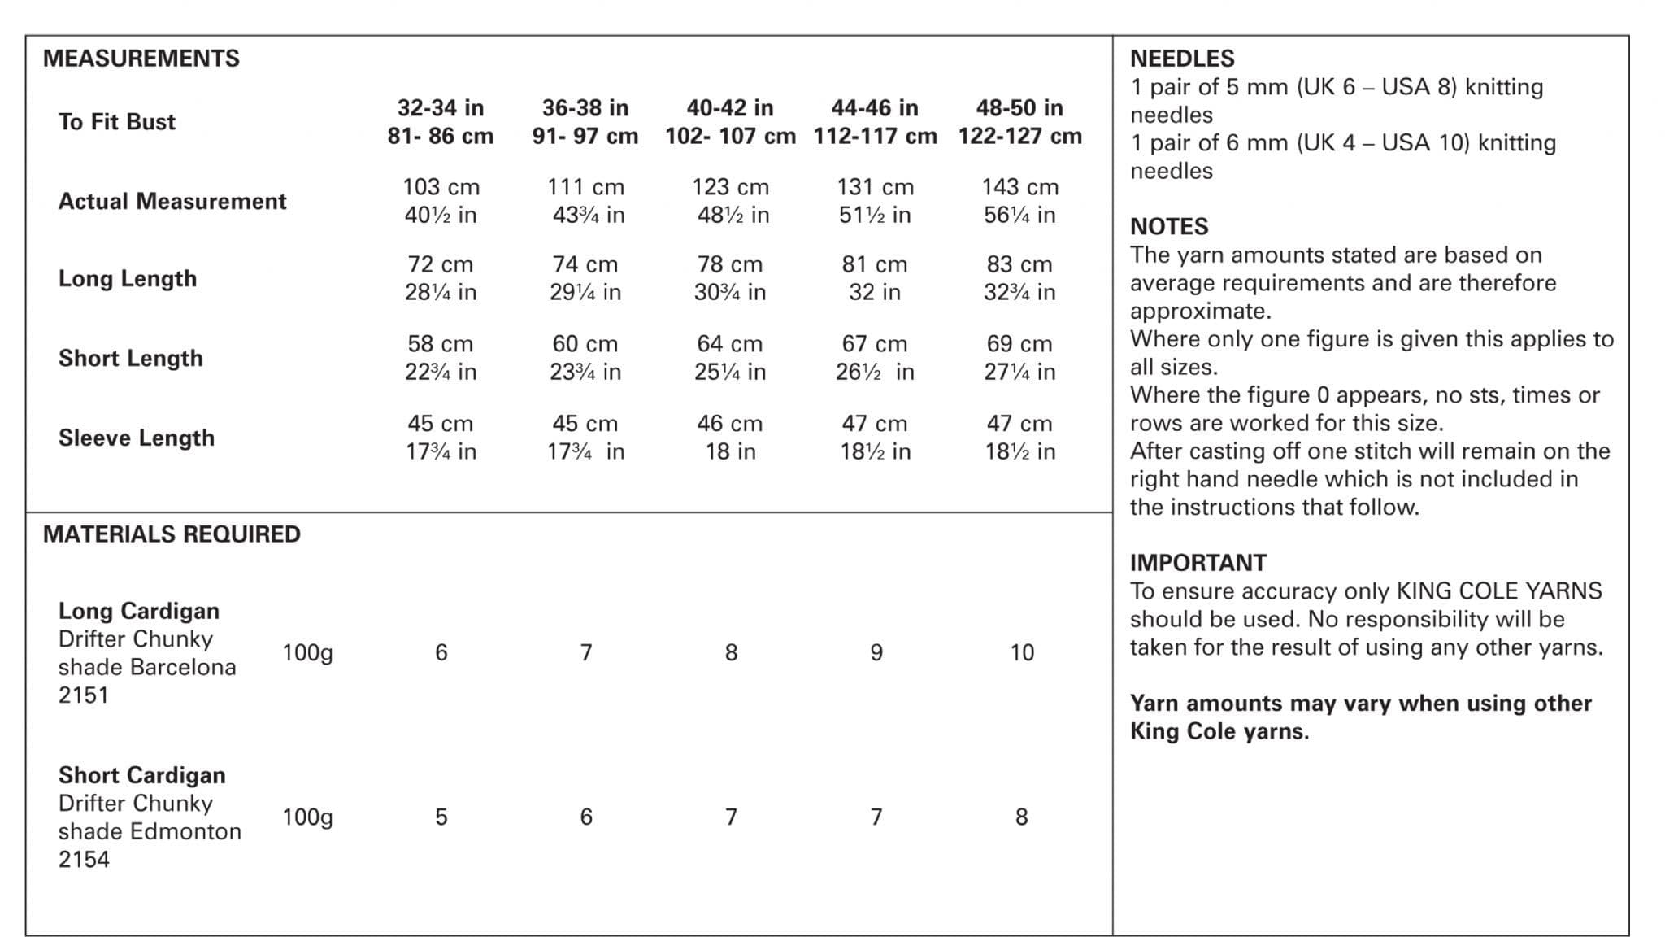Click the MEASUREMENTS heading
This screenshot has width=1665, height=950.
click(141, 59)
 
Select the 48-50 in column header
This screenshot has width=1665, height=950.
click(1019, 108)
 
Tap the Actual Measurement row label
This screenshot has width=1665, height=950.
click(172, 202)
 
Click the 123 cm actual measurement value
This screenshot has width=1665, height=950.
click(730, 187)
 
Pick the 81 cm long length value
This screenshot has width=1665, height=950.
click(875, 264)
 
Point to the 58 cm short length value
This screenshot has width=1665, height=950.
click(441, 344)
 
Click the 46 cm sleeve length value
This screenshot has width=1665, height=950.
click(730, 424)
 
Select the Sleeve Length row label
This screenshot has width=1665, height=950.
click(137, 438)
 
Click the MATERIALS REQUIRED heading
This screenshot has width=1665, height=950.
click(172, 534)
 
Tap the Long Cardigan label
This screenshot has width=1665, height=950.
click(139, 611)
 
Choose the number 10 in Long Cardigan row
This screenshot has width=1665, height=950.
click(1022, 652)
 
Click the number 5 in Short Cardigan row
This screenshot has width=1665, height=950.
click(441, 817)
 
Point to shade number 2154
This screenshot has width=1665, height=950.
click(84, 860)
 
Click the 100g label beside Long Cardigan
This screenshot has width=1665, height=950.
click(307, 653)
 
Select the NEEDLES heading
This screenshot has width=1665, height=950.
click(1182, 59)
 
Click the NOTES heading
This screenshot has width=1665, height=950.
click(1169, 226)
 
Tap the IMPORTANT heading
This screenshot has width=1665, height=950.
click(1198, 563)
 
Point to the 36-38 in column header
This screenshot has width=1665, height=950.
click(585, 108)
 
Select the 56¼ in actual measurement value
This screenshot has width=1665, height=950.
click(1019, 216)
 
